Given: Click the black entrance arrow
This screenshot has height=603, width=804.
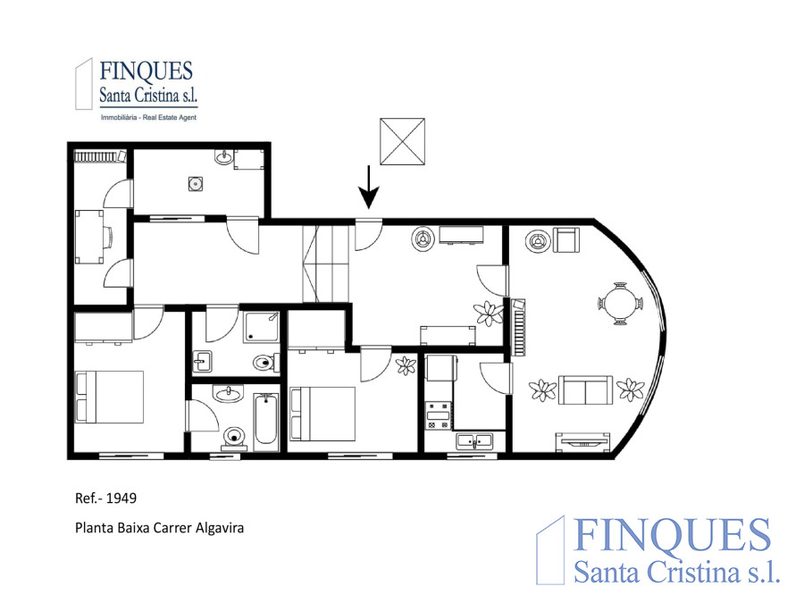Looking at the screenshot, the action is click(368, 188).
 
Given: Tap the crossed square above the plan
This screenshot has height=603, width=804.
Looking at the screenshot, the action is click(403, 141).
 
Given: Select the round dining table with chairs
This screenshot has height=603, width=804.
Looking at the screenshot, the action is click(621, 304).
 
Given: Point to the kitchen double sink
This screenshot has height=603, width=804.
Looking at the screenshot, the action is click(474, 441).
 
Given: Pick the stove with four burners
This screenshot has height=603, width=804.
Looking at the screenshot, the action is click(439, 415).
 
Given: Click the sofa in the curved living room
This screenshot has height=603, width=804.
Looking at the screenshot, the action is click(585, 390).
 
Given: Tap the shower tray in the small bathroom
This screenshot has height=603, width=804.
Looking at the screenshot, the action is click(262, 327).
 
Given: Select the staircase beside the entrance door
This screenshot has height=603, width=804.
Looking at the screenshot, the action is click(325, 264).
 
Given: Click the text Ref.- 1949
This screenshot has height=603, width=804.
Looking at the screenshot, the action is click(105, 498).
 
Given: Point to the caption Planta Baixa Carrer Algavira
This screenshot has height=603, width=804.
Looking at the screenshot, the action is click(160, 528).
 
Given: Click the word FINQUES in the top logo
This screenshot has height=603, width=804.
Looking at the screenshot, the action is click(147, 71).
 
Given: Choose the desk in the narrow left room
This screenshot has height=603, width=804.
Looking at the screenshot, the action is click(89, 237).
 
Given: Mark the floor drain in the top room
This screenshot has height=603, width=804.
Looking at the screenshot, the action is click(195, 183).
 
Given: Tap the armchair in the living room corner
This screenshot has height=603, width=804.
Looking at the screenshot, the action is click(566, 240).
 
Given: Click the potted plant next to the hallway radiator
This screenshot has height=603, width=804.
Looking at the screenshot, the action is click(489, 313).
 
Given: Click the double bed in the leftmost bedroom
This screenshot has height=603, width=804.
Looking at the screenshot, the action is click(109, 397).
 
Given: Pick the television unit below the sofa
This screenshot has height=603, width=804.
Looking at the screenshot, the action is click(583, 442).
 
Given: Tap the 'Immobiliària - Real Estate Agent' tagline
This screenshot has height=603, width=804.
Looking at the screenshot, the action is click(148, 117).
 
